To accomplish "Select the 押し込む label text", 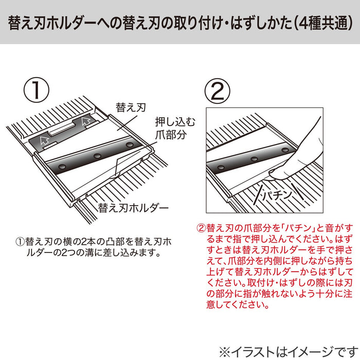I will pyautogui.click(x=169, y=122).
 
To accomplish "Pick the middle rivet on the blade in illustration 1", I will pyautogui.click(x=96, y=155).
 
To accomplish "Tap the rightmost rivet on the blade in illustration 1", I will pyautogui.click(x=128, y=146).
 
